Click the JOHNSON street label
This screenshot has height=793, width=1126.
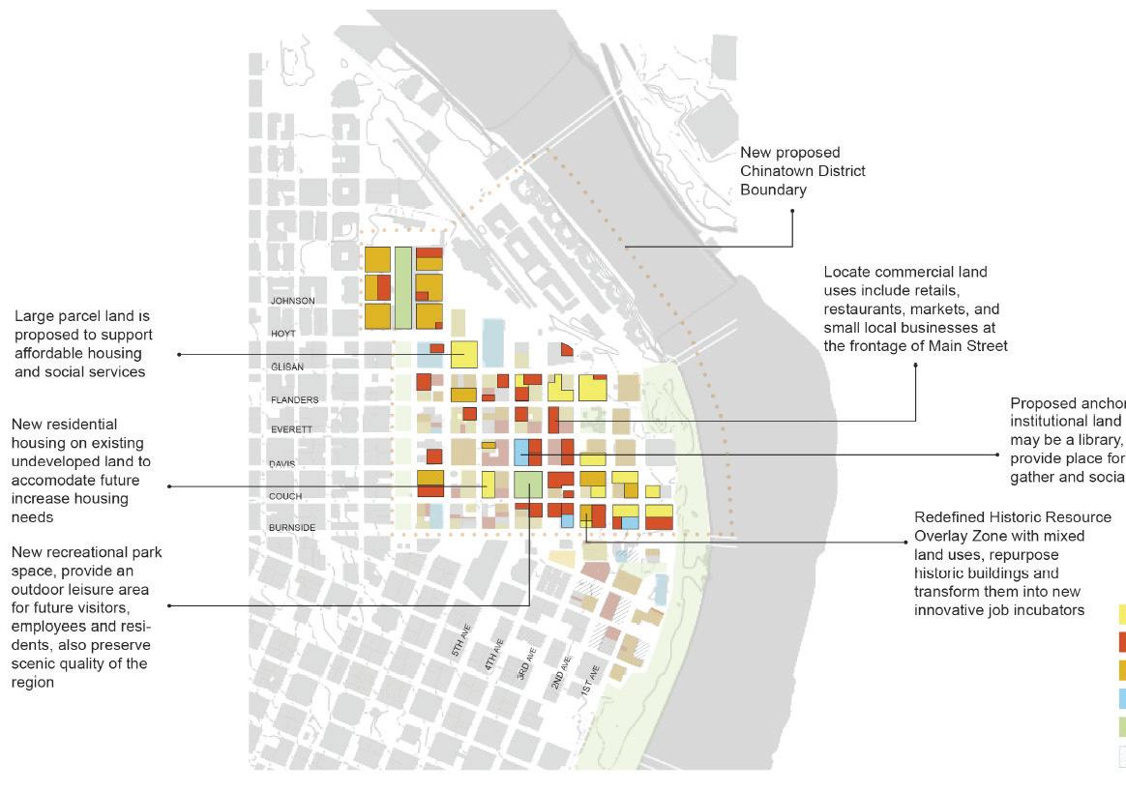click(x=292, y=301)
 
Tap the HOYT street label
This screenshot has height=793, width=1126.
click(x=282, y=333)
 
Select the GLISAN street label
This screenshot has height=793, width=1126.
click(x=287, y=367)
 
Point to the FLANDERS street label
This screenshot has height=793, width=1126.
click(x=294, y=399)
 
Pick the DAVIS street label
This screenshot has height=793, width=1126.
click(x=282, y=464)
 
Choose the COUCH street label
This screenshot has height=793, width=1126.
click(x=285, y=496)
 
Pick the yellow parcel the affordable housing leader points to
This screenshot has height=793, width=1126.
click(x=464, y=354)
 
